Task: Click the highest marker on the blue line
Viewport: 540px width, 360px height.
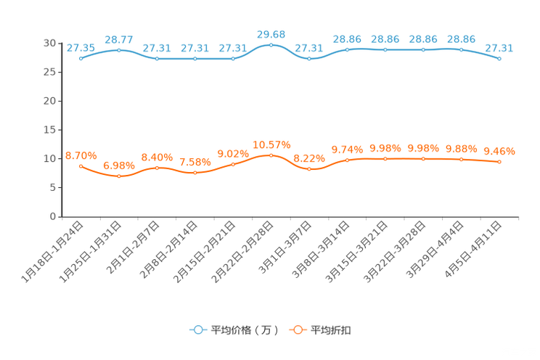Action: point(271,45)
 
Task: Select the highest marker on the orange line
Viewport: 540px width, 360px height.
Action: point(271,155)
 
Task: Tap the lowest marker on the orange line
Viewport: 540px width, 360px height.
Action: point(118,176)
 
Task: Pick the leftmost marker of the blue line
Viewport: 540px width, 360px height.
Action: point(81,58)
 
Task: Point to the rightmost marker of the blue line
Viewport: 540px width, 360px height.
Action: point(499,58)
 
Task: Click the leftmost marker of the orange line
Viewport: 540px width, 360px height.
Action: point(81,165)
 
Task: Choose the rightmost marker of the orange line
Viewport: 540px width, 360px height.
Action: point(499,162)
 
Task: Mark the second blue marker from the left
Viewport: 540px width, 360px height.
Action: point(118,49)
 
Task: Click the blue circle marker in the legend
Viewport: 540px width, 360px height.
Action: point(197,330)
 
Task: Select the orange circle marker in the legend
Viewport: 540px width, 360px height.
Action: point(297,330)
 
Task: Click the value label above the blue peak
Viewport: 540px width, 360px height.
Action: point(271,33)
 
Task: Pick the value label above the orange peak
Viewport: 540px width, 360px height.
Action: point(271,144)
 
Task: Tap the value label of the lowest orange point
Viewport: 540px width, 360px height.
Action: point(118,165)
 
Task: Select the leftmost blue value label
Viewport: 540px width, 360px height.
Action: point(81,47)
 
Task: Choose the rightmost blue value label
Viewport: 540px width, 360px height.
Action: point(499,47)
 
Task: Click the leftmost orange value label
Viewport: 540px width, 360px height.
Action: point(81,155)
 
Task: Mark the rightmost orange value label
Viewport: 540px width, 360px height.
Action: point(499,151)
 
